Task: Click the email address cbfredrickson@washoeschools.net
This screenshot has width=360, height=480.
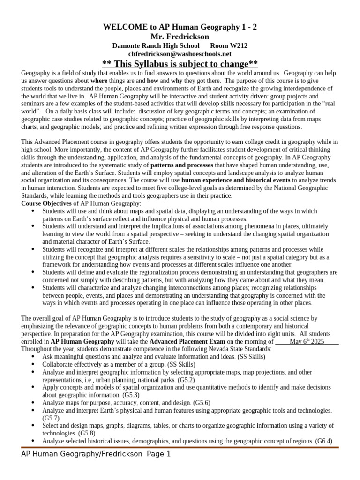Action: [180, 54]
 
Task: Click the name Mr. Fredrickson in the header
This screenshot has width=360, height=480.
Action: [180, 37]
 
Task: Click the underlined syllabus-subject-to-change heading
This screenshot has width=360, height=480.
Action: [180, 64]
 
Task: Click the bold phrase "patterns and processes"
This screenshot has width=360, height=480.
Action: [181, 166]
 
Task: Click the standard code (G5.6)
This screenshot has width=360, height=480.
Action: [201, 403]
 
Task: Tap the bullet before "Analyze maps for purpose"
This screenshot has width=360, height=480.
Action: [32, 403]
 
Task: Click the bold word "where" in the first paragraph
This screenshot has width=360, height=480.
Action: [99, 81]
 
